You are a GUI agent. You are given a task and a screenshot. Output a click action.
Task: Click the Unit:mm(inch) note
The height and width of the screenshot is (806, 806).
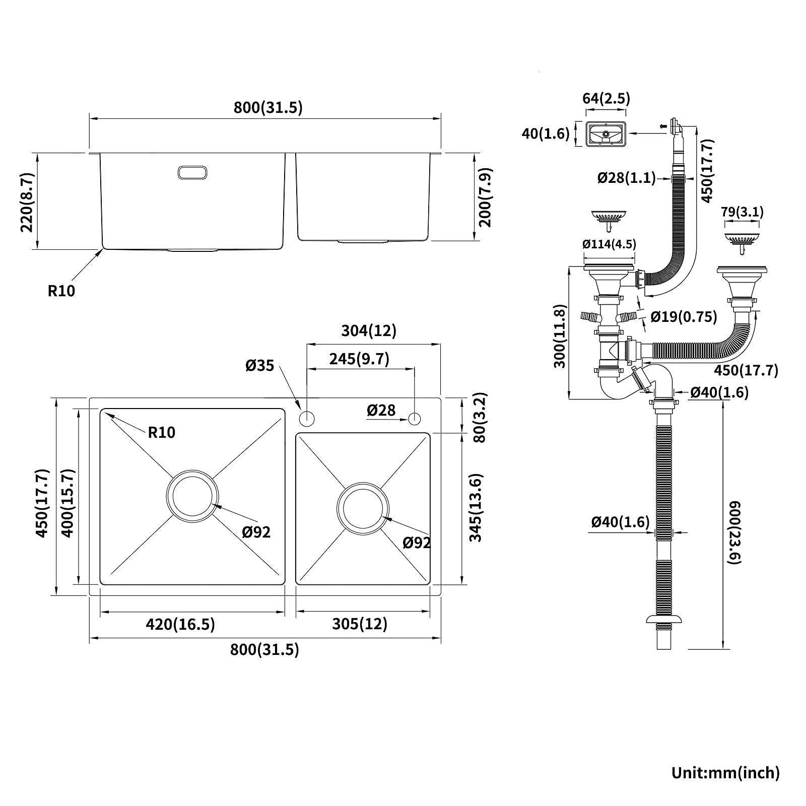(x=725, y=772)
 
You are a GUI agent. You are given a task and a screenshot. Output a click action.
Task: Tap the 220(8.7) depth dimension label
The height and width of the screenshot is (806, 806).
(x=27, y=201)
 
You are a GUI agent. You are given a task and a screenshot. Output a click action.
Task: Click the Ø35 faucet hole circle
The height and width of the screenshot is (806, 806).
(x=307, y=418)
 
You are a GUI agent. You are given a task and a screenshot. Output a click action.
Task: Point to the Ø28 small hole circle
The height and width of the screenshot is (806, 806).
(x=415, y=418)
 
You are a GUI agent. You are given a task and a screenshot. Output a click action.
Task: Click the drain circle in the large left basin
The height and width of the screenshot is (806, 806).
(x=192, y=496)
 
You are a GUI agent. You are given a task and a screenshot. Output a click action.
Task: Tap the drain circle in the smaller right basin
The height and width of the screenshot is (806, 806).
(x=363, y=507)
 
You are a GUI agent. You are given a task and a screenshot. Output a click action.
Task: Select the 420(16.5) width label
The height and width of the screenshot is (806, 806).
(x=180, y=624)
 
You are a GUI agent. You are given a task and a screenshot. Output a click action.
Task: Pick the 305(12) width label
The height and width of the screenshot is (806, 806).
(x=360, y=624)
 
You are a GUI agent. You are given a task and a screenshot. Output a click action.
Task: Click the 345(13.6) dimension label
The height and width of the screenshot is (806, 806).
(x=476, y=507)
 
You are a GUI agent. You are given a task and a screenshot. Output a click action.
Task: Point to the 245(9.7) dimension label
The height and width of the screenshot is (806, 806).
(x=359, y=359)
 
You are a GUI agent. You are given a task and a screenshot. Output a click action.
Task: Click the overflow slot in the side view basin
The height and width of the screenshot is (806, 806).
(x=192, y=172)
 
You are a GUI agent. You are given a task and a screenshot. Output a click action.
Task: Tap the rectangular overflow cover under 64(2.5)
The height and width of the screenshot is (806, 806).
(x=606, y=134)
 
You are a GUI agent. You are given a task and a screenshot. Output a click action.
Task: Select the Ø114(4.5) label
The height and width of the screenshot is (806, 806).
(x=609, y=244)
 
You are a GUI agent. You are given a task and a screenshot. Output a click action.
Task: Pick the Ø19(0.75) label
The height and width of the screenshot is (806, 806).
(x=684, y=316)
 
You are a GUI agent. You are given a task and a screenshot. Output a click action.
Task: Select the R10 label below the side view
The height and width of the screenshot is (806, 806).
(x=61, y=291)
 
